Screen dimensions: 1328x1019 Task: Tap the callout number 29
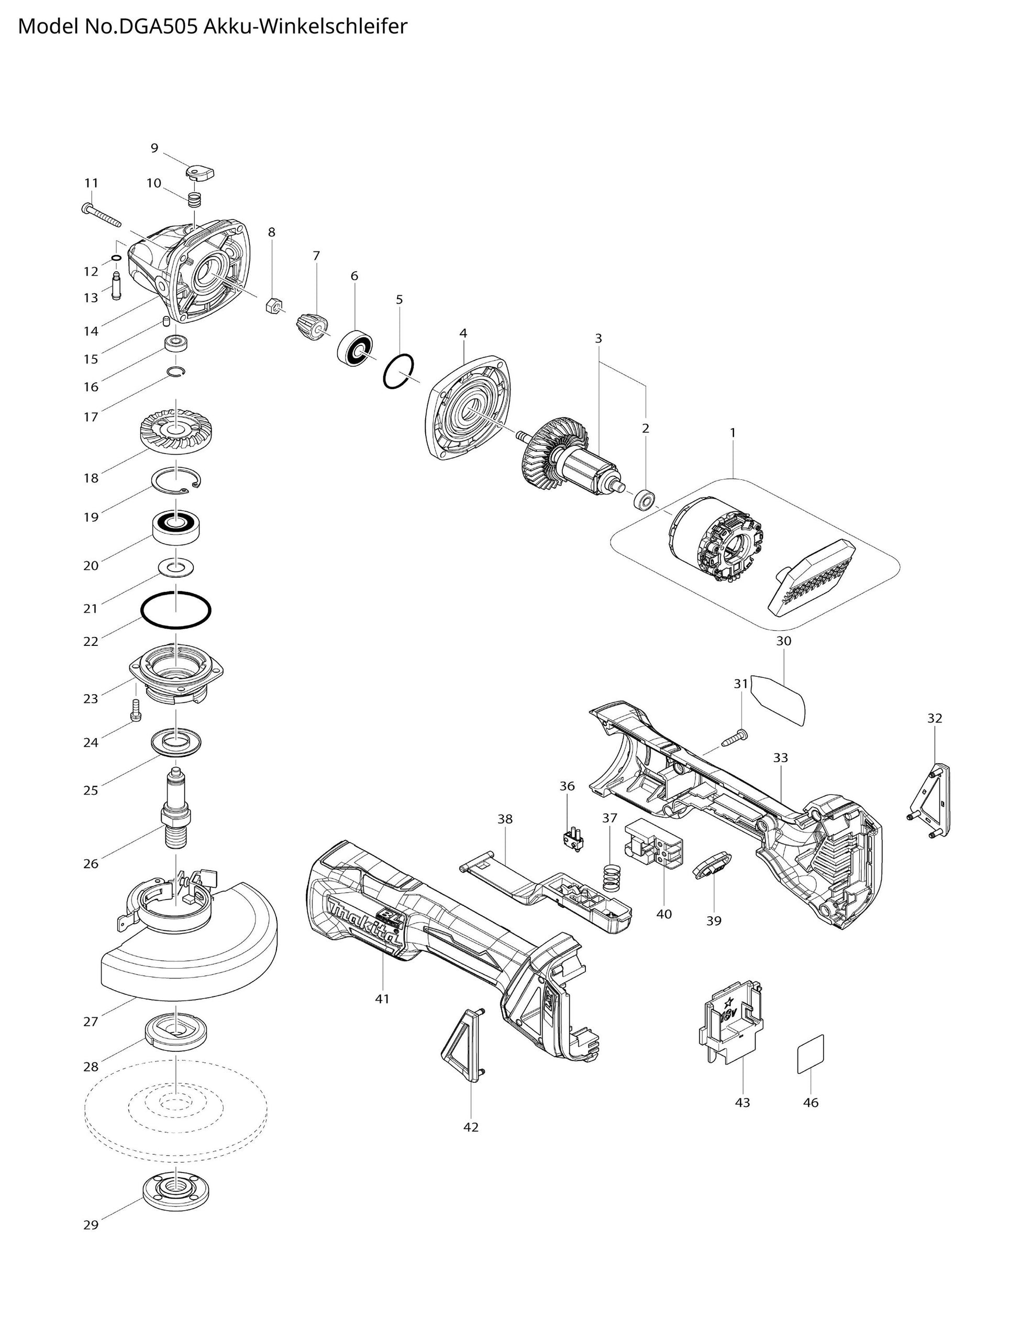pos(91,1225)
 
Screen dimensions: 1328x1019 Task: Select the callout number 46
pos(811,1102)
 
